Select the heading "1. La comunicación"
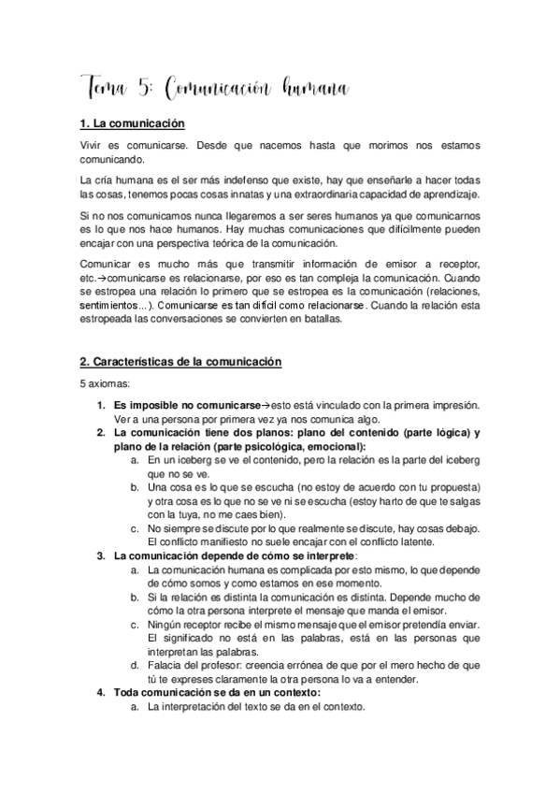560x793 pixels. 132,123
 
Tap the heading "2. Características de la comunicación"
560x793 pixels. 180,361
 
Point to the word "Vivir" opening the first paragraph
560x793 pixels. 93,146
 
